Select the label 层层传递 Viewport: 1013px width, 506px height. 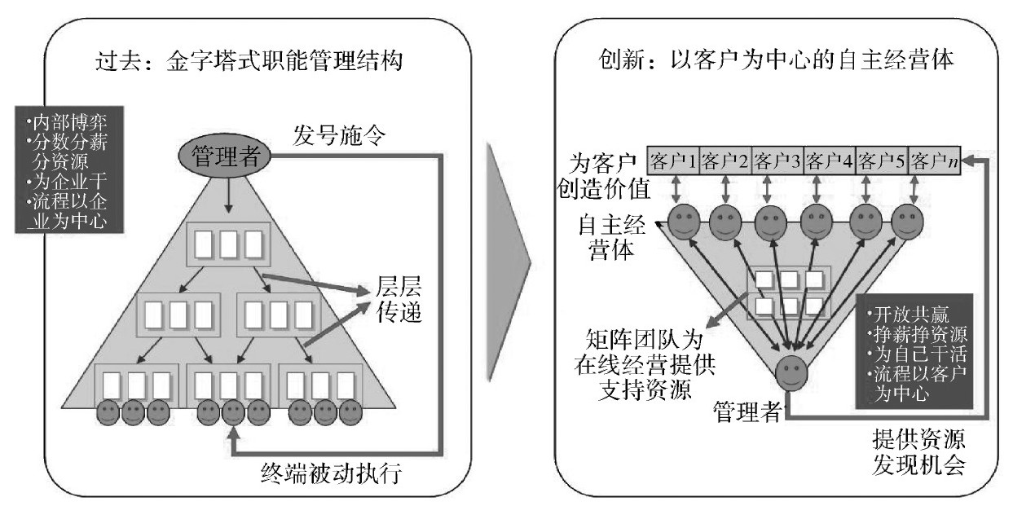[x=399, y=300]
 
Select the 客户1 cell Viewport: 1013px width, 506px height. [x=672, y=159]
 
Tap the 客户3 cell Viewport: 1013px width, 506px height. [x=777, y=159]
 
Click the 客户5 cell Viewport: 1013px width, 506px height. [x=882, y=159]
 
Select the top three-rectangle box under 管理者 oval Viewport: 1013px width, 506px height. [x=229, y=243]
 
